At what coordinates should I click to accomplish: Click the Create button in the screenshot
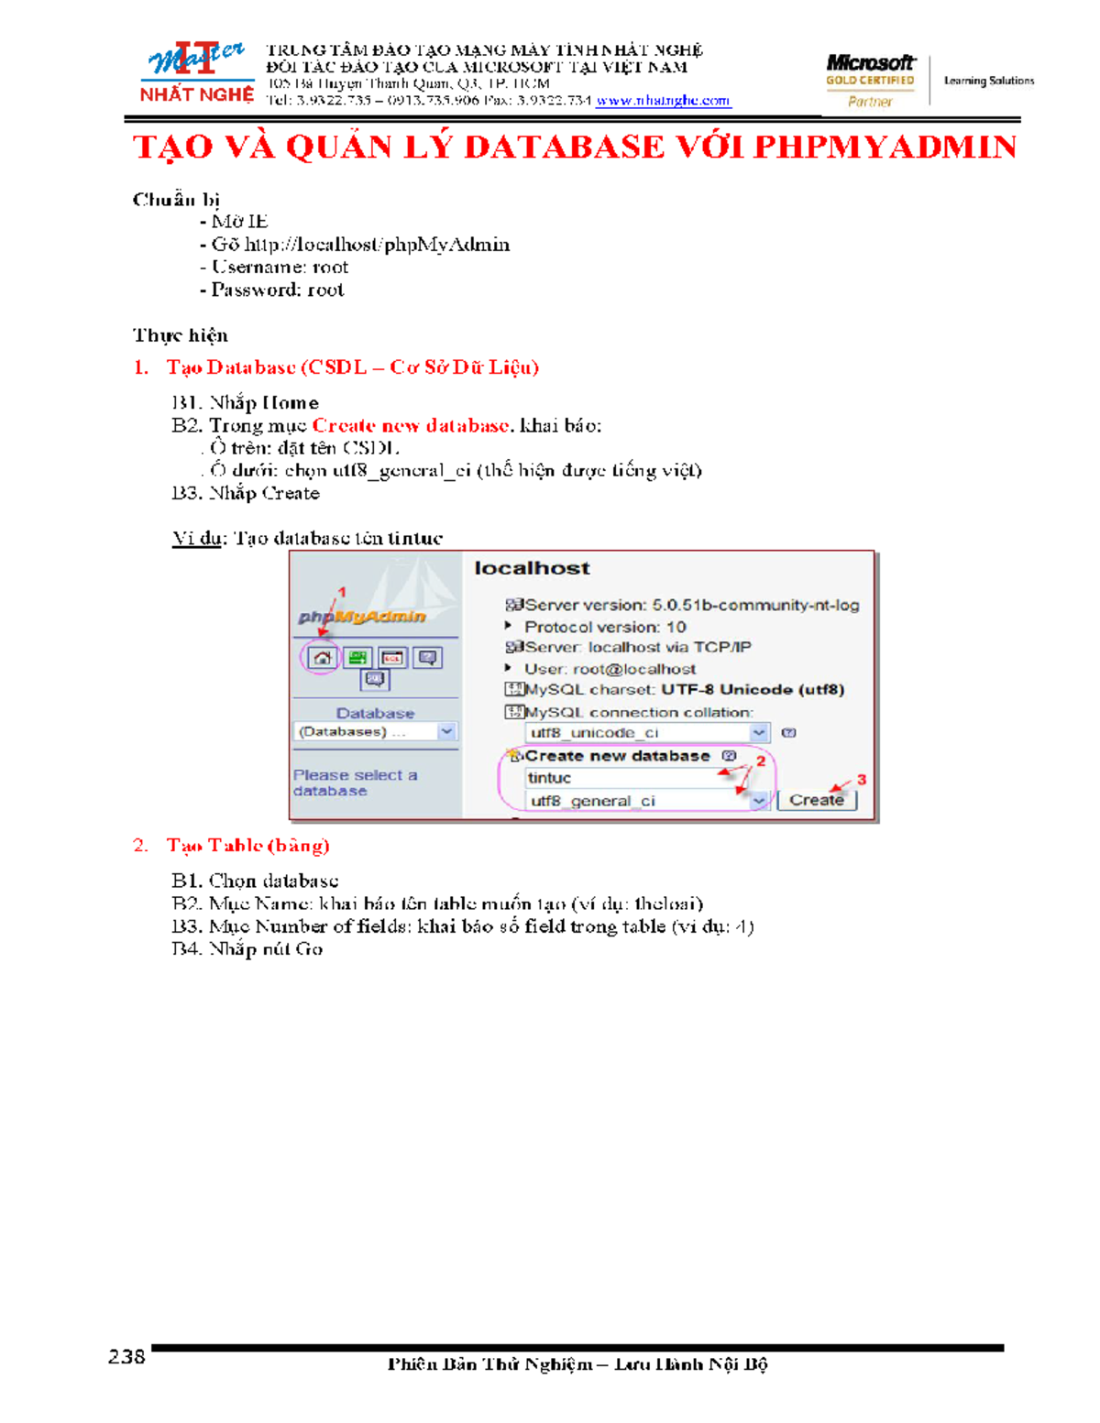pyautogui.click(x=817, y=800)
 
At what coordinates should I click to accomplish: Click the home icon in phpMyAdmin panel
pyautogui.click(x=322, y=658)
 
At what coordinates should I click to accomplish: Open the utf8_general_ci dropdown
pyautogui.click(x=758, y=801)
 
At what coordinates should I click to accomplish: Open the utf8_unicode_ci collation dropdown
pyautogui.click(x=758, y=733)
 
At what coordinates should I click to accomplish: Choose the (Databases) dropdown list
pyautogui.click(x=375, y=732)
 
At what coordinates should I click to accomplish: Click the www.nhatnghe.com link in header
pyautogui.click(x=663, y=101)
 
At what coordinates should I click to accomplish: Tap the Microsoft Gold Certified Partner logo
pyautogui.click(x=870, y=81)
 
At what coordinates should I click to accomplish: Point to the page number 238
pyautogui.click(x=126, y=1357)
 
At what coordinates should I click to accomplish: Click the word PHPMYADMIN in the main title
pyautogui.click(x=885, y=148)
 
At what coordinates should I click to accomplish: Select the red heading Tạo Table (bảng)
pyautogui.click(x=247, y=846)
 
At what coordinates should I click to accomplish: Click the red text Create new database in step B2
pyautogui.click(x=410, y=426)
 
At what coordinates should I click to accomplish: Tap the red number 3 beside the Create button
pyautogui.click(x=862, y=780)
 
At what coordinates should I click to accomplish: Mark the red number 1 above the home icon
pyautogui.click(x=342, y=592)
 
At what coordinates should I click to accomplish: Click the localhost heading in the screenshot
pyautogui.click(x=532, y=568)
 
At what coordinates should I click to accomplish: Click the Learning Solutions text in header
pyautogui.click(x=989, y=81)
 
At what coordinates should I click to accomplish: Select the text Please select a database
pyautogui.click(x=355, y=783)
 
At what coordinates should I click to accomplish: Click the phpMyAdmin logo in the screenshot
pyautogui.click(x=362, y=617)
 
